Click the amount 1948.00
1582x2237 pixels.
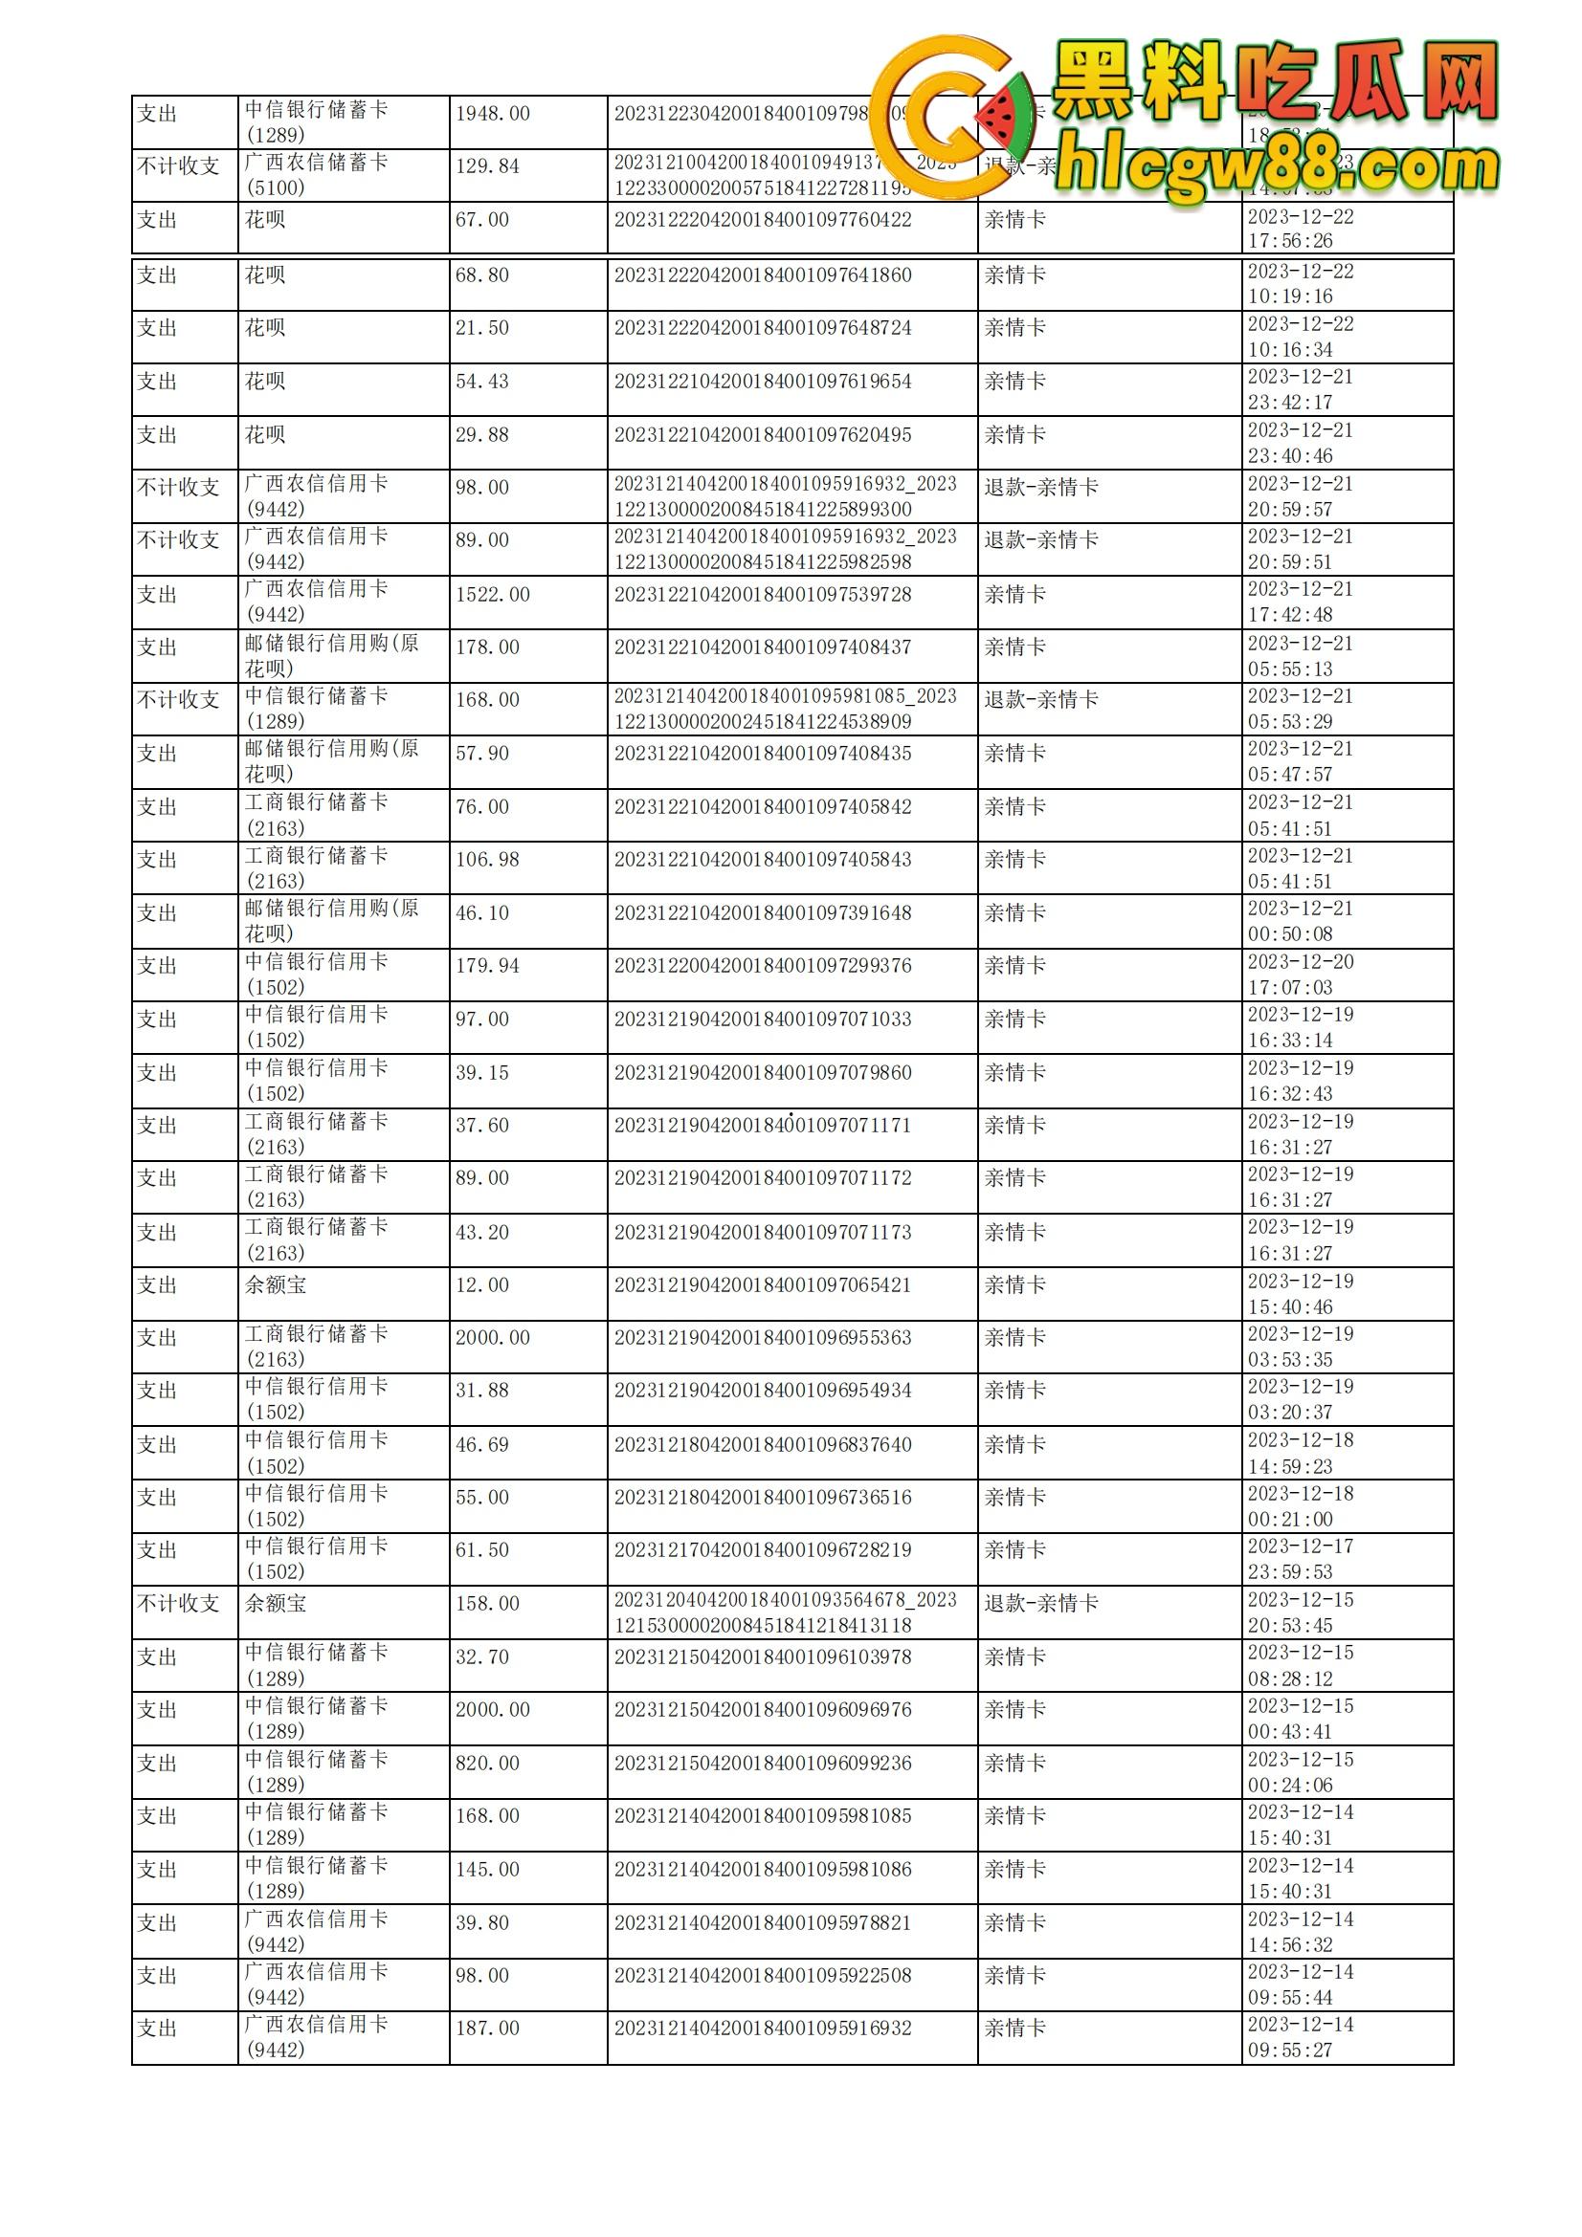click(492, 114)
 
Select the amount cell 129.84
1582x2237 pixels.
click(487, 166)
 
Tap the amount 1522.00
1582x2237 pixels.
click(492, 594)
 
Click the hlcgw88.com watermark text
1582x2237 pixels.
click(1277, 167)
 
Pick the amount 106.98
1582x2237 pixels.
click(487, 860)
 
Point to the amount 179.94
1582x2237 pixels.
click(487, 966)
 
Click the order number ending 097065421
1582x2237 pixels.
click(762, 1285)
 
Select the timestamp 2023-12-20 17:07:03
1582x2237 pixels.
click(1301, 975)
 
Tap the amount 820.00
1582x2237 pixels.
click(487, 1764)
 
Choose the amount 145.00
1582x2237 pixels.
click(487, 1870)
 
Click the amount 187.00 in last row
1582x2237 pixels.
click(487, 2029)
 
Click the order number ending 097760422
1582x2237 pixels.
click(762, 220)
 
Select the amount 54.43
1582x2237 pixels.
click(481, 382)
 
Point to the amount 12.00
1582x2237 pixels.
click(481, 1285)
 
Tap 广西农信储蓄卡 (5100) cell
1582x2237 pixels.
click(316, 175)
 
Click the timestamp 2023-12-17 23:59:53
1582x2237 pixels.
click(1301, 1559)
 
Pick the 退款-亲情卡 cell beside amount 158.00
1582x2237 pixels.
click(1041, 1604)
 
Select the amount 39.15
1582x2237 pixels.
click(481, 1073)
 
